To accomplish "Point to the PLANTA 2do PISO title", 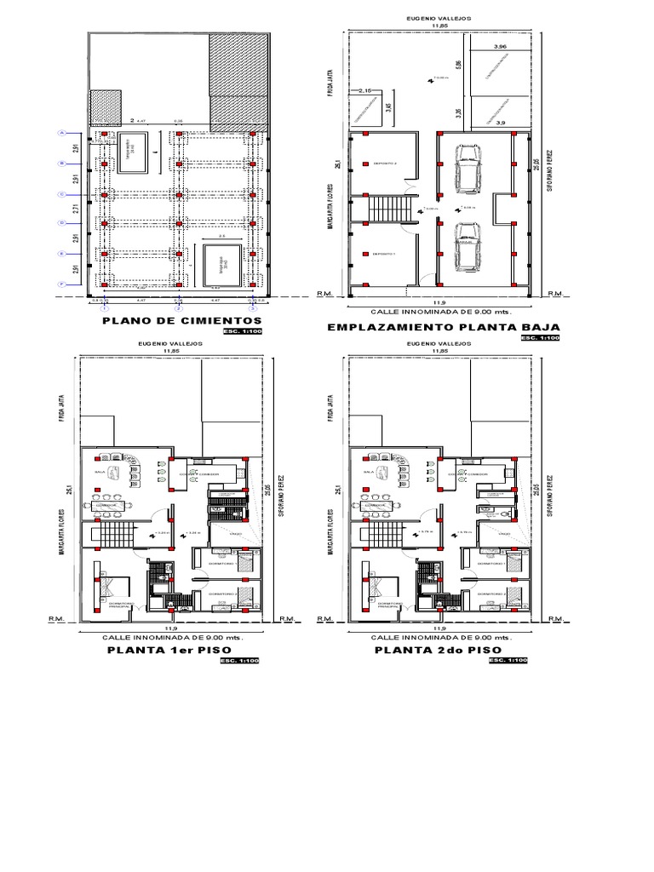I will tap(437, 650).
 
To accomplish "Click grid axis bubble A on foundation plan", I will tap(61, 133).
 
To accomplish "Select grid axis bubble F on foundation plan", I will tap(61, 284).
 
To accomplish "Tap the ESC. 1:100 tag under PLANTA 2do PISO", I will tap(509, 661).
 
